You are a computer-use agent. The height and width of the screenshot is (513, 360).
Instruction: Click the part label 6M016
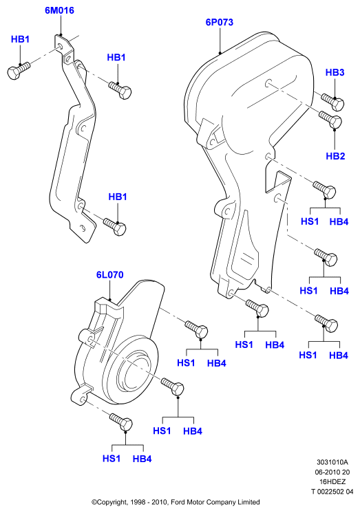pos(59,10)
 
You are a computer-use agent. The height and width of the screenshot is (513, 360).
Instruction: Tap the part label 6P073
pos(220,22)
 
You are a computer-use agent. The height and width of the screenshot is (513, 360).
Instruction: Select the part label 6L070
pos(109,274)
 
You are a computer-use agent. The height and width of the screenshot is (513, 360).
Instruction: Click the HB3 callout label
pos(335,72)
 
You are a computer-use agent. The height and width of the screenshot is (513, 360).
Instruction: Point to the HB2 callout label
pos(335,156)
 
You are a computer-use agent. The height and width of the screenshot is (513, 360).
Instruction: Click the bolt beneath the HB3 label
pos(332,101)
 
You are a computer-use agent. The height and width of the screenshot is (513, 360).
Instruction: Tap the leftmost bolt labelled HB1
pos(19,69)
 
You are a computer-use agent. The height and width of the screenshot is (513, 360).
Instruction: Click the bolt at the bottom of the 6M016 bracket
pos(115,225)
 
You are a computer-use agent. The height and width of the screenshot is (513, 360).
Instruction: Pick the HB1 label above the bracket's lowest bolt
pos(118,197)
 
